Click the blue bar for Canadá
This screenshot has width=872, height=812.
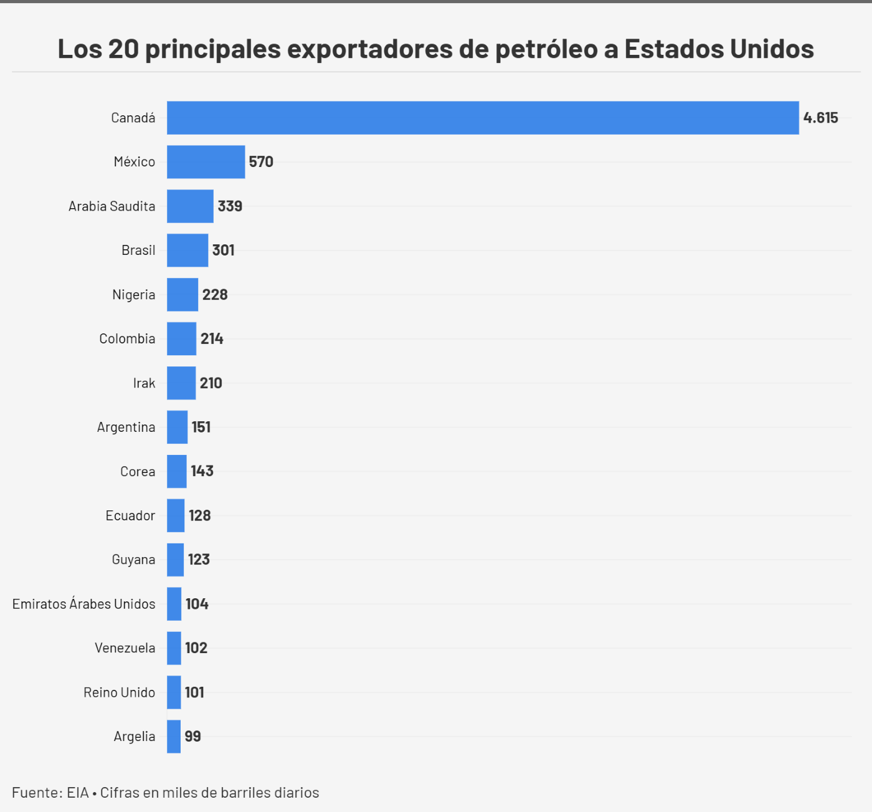tap(483, 118)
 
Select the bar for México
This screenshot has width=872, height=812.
tap(206, 162)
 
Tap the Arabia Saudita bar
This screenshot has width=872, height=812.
tap(190, 206)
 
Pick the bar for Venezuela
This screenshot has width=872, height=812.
tap(174, 648)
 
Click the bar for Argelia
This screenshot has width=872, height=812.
tap(174, 737)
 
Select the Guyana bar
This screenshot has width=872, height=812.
tap(175, 560)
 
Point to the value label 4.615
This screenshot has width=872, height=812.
tap(820, 118)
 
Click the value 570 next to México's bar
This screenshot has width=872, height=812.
tap(261, 162)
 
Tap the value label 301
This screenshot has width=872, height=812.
tap(223, 251)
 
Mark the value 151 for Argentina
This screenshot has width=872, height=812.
tap(201, 427)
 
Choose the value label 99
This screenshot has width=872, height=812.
tap(192, 737)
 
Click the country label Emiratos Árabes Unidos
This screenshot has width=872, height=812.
tap(84, 604)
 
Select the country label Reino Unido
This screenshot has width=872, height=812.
tap(119, 692)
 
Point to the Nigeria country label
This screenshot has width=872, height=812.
tap(133, 295)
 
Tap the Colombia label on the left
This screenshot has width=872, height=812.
tap(127, 339)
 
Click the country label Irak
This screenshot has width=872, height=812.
tap(144, 383)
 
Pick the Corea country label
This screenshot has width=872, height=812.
tap(138, 472)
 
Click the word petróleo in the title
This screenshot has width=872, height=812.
tap(546, 49)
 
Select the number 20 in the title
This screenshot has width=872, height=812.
tap(123, 49)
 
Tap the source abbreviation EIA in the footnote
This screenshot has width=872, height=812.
tap(78, 793)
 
